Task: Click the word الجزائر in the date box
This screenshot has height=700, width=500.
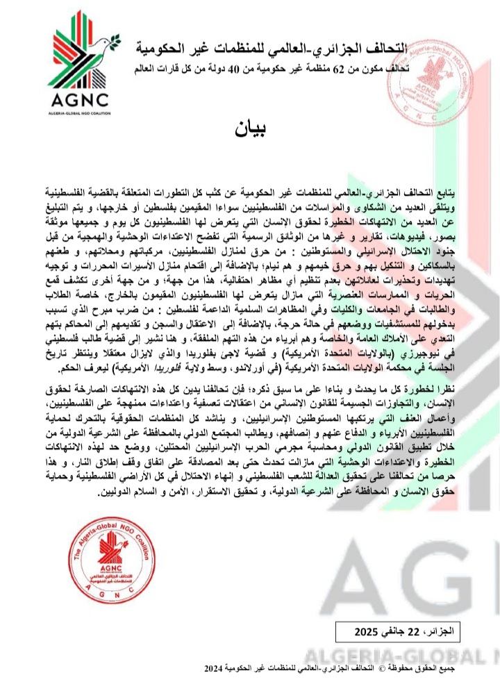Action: point(445,633)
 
